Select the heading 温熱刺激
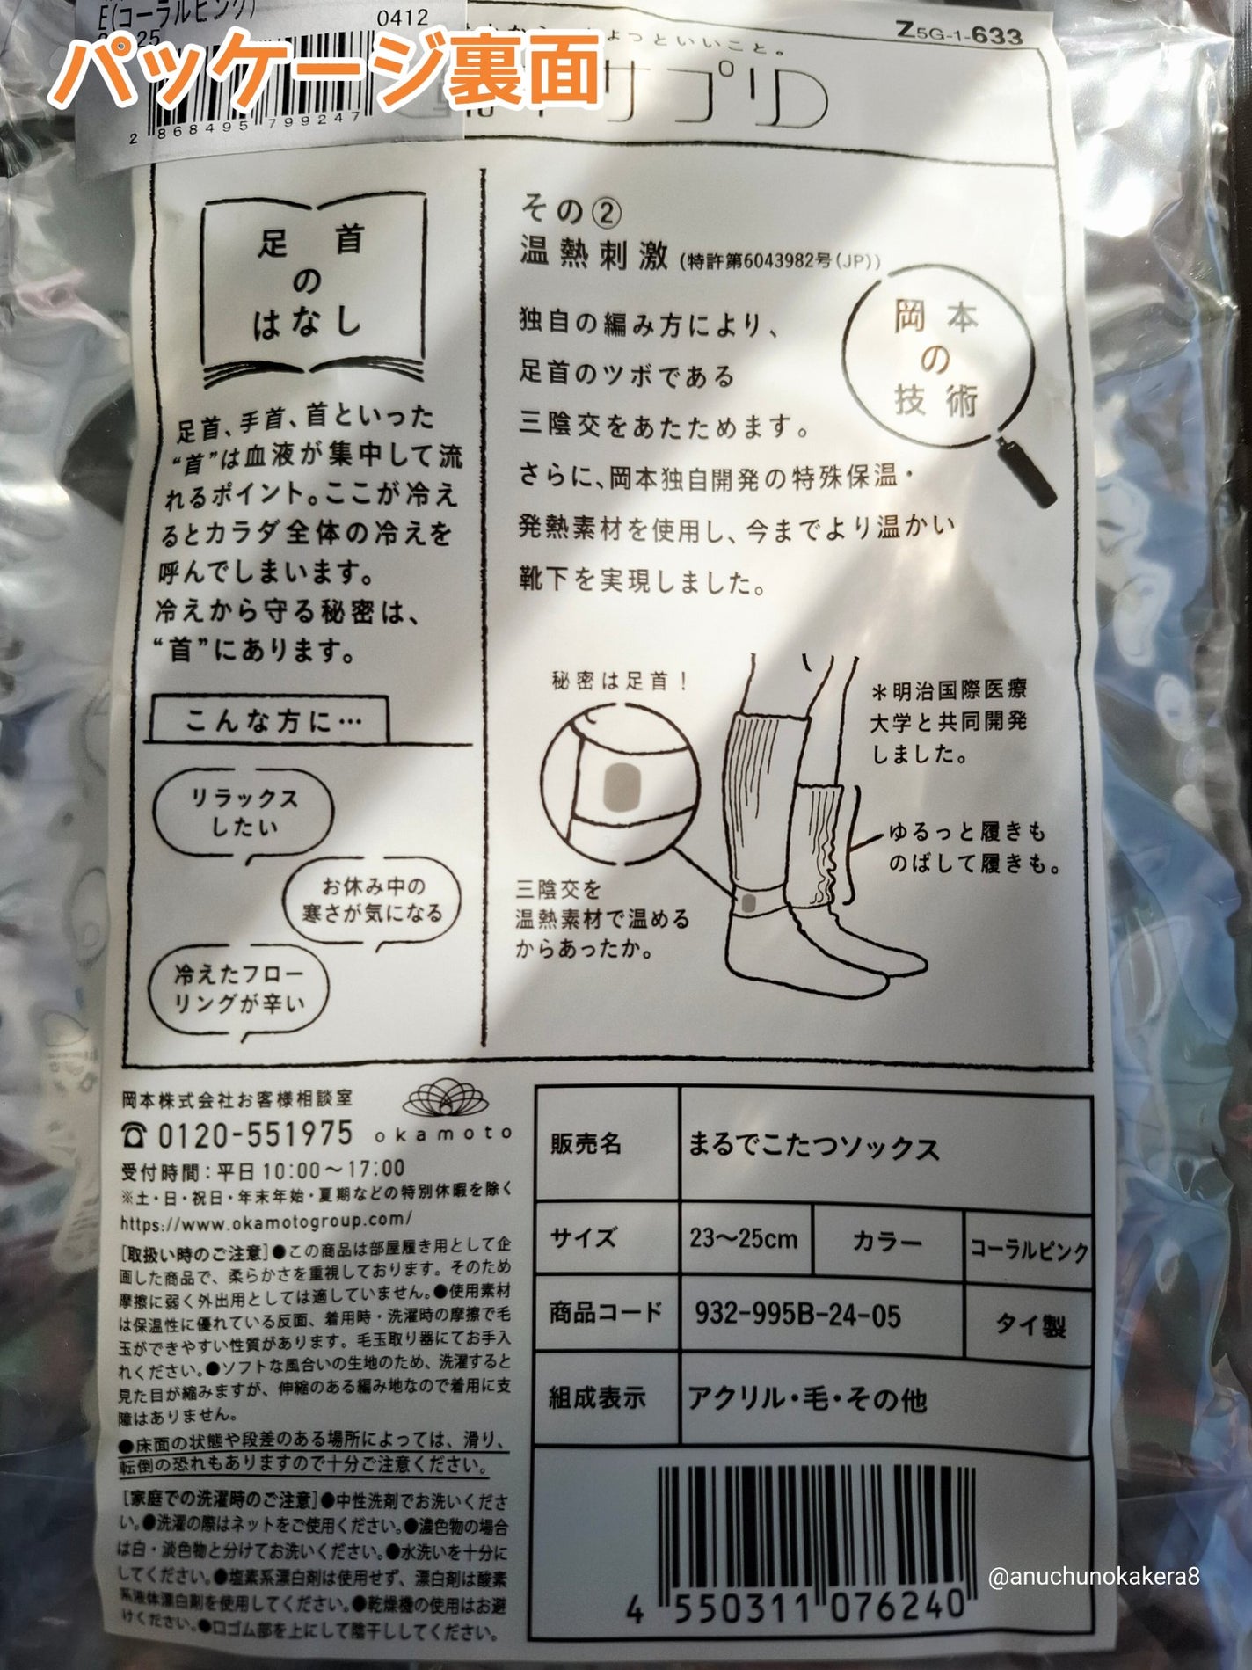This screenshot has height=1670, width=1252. click(594, 254)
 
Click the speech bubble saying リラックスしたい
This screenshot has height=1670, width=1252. click(244, 813)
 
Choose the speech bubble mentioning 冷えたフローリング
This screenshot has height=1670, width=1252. click(238, 988)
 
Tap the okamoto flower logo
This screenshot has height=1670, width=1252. click(445, 1100)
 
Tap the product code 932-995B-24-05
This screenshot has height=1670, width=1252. click(797, 1316)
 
